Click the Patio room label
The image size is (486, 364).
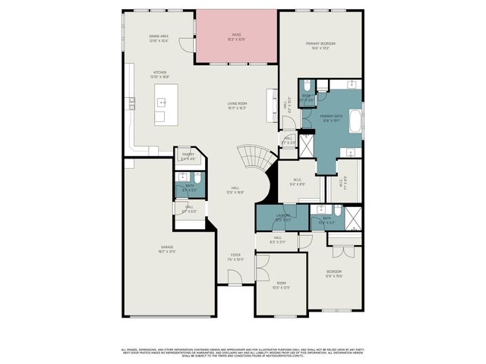pyautogui.click(x=237, y=36)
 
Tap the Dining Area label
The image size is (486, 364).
pyautogui.click(x=159, y=38)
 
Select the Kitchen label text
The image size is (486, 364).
pyautogui.click(x=159, y=74)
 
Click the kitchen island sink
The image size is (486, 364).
pyautogui.click(x=161, y=102)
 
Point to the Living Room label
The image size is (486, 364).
pyautogui.click(x=238, y=105)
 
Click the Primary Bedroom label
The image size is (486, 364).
pyautogui.click(x=320, y=45)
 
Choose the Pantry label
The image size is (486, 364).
pyautogui.click(x=188, y=156)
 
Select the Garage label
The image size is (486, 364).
pyautogui.click(x=167, y=248)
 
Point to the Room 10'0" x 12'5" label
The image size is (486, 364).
pyautogui.click(x=281, y=286)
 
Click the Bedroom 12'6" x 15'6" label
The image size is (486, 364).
pyautogui.click(x=334, y=273)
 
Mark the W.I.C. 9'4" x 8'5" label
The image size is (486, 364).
pyautogui.click(x=297, y=182)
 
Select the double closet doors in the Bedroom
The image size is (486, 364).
pyautogui.click(x=342, y=251)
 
